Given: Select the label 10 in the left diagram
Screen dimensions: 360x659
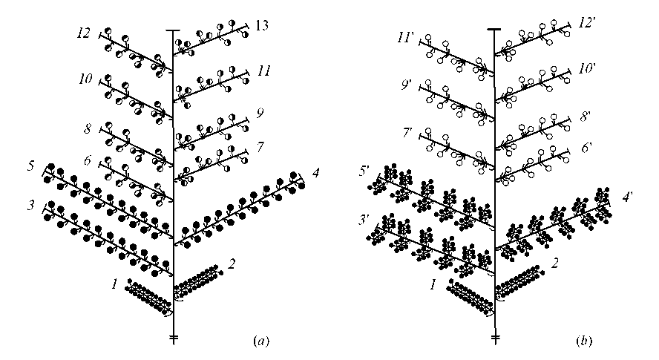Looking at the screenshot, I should tap(87, 78).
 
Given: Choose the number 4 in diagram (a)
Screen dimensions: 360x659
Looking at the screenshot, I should tap(316, 174).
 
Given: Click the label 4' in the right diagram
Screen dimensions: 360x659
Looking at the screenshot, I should tap(628, 198).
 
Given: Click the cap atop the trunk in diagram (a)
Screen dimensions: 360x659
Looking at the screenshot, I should tap(172, 30).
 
